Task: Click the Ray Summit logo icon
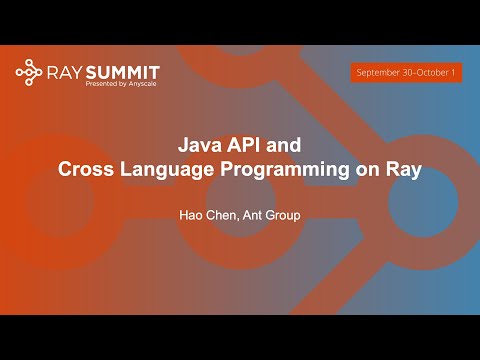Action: coord(29,73)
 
